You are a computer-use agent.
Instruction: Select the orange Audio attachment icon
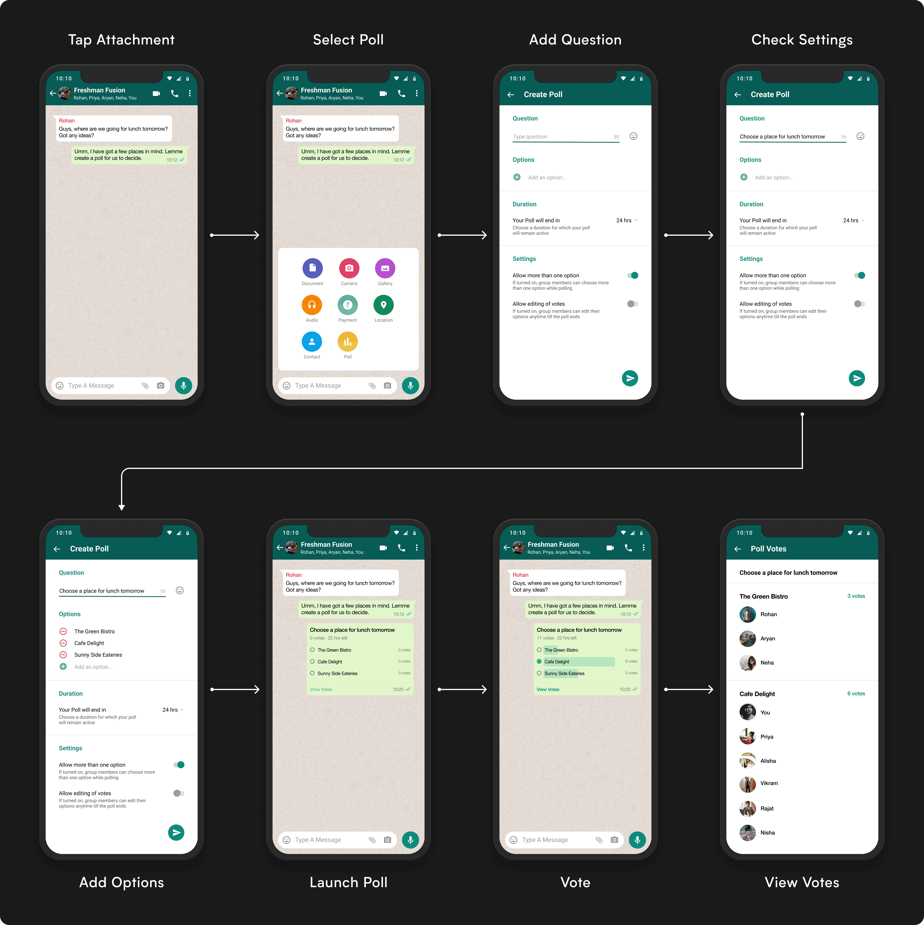pos(312,305)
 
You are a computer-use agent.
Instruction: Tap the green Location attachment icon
pos(383,305)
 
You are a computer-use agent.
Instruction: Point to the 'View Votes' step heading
pos(802,882)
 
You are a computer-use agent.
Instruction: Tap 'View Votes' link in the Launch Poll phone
pos(321,689)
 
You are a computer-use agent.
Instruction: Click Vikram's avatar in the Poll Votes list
pos(747,784)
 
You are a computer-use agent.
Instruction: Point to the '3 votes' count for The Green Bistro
pos(856,596)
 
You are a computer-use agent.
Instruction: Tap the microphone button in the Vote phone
pos(637,840)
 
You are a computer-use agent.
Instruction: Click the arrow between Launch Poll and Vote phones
pos(462,689)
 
